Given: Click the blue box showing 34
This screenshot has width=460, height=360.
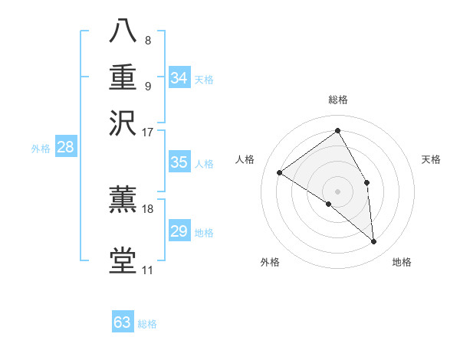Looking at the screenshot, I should tap(179, 78).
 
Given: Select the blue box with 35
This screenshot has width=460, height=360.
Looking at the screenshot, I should tap(179, 162).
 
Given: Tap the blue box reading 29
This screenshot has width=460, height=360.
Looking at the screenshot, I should tap(179, 231).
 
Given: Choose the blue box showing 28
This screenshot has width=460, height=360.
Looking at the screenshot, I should tap(65, 148).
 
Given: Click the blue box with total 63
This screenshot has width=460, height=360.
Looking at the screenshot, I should tap(123, 322).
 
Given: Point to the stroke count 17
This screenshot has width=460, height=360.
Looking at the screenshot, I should tap(147, 131).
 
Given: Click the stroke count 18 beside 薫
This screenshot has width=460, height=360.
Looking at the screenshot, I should tap(148, 208).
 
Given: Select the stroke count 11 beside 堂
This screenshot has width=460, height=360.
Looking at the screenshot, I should tap(147, 270).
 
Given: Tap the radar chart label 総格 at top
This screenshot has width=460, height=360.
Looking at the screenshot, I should tap(338, 100).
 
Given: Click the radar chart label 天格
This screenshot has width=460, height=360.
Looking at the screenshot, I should tap(431, 159).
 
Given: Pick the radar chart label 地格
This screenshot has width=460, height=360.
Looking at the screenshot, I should tap(402, 262).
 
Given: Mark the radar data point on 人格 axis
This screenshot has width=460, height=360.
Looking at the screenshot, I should tap(280, 172).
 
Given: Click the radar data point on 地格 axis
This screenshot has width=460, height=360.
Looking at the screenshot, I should tap(374, 241).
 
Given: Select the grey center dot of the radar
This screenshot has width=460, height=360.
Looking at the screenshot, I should tap(338, 191).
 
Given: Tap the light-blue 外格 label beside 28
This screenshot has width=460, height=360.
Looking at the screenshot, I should tap(40, 149).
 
